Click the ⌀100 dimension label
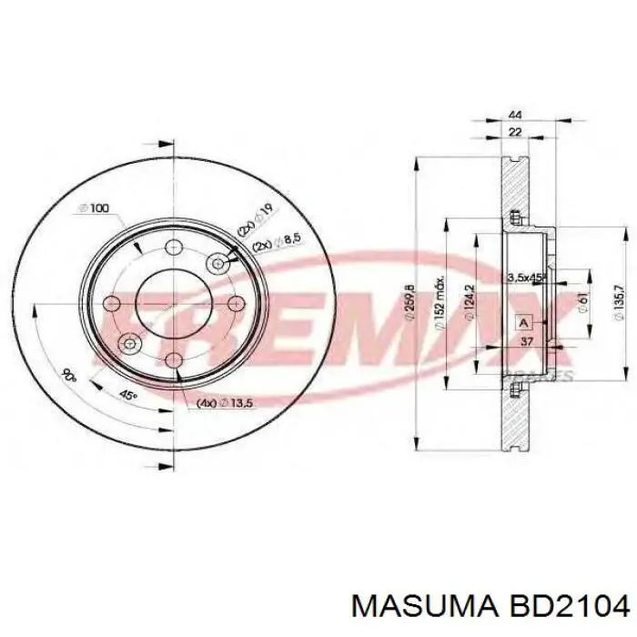coord(94,208)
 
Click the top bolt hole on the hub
coord(173,248)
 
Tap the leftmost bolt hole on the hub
coord(112,304)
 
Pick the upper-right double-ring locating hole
coord(218,264)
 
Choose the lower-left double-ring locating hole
coord(129,343)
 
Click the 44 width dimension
coord(515,116)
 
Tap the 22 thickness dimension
coord(515,133)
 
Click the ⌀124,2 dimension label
coord(468,304)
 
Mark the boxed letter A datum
coord(522,322)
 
